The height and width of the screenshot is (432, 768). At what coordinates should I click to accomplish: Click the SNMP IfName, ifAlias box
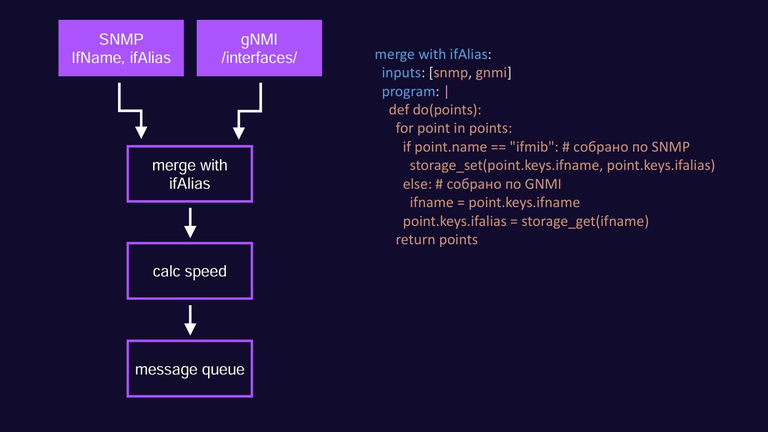pyautogui.click(x=121, y=48)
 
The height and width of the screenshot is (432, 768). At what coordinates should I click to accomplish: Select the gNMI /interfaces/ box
pyautogui.click(x=259, y=48)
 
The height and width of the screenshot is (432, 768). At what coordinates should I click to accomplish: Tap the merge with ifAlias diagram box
pyautogui.click(x=190, y=174)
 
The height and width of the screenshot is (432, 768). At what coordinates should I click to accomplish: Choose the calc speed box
pyautogui.click(x=190, y=271)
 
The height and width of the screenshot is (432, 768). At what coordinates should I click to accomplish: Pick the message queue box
pyautogui.click(x=190, y=369)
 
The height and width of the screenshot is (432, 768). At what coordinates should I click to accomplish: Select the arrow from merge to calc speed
pyautogui.click(x=190, y=222)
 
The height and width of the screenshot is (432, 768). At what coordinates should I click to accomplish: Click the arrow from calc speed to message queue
pyautogui.click(x=190, y=320)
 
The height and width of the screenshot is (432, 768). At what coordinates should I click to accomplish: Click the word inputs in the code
pyautogui.click(x=401, y=73)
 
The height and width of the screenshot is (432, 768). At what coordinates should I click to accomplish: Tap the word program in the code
pyautogui.click(x=409, y=92)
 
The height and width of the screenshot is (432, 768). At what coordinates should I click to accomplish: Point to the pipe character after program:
pyautogui.click(x=446, y=92)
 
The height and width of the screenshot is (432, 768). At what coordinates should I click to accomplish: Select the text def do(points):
pyautogui.click(x=435, y=110)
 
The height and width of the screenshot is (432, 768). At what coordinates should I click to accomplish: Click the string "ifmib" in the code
pyautogui.click(x=532, y=147)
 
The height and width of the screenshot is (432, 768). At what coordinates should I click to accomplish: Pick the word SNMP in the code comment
pyautogui.click(x=670, y=147)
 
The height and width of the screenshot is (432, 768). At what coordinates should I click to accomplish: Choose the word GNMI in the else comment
pyautogui.click(x=543, y=184)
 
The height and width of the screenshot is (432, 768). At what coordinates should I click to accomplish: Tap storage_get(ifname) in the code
pyautogui.click(x=585, y=221)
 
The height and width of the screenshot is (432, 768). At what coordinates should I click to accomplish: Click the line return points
pyautogui.click(x=437, y=240)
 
